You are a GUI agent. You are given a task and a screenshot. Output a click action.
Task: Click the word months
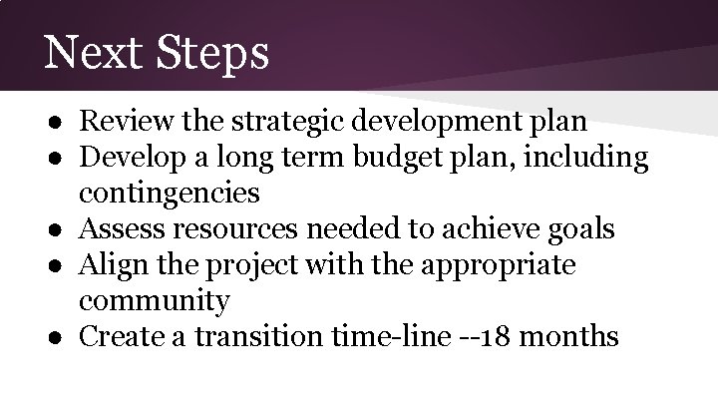[572, 336]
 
